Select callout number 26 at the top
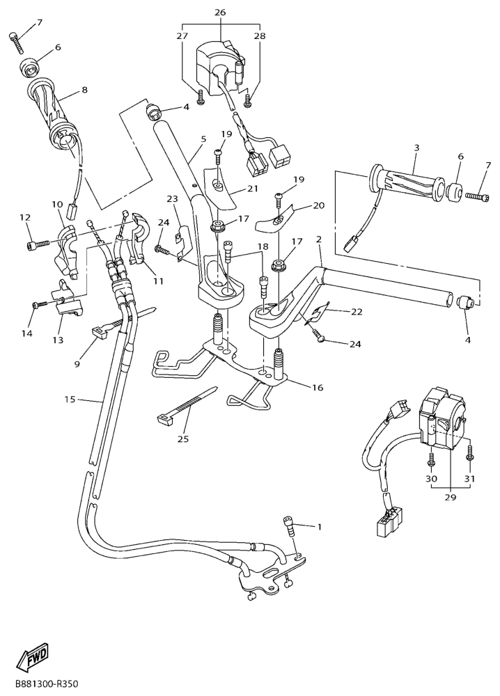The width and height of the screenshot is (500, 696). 220,12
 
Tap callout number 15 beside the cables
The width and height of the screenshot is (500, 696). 70,400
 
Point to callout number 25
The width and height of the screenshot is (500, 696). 183,439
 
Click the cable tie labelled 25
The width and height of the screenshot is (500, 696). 187,403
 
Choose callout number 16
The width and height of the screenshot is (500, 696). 318,388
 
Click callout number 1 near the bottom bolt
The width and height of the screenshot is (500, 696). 318,527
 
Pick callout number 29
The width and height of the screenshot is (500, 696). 451,498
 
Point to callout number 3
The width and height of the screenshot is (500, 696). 416,148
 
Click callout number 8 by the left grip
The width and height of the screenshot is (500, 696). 84,90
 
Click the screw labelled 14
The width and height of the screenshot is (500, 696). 40,305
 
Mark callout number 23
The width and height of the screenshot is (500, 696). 172,198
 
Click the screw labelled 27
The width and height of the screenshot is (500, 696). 201,98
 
